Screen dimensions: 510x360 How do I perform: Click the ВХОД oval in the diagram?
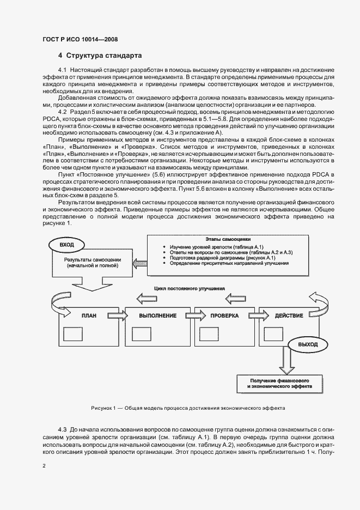(67, 245)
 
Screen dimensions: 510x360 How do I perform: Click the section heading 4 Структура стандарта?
(100, 56)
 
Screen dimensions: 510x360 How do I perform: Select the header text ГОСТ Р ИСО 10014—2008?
(80, 39)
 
